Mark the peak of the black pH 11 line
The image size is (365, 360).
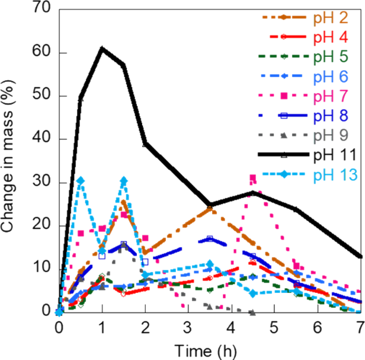(102, 48)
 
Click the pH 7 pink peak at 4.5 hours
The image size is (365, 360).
(253, 178)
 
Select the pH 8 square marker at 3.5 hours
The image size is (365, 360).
(210, 238)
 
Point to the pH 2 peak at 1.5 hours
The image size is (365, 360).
(123, 202)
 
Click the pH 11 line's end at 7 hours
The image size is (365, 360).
(360, 256)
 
